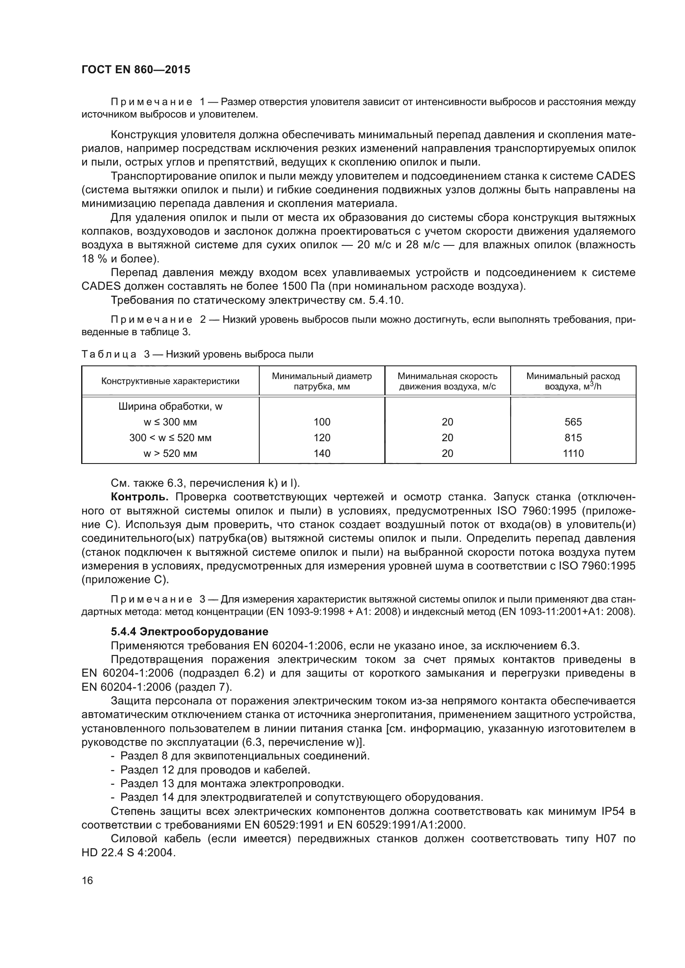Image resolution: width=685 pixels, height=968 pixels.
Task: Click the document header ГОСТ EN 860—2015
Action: pos(136,70)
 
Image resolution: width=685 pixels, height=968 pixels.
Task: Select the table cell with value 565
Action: pos(573,422)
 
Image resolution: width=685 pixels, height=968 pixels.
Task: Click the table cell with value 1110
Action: pos(573,453)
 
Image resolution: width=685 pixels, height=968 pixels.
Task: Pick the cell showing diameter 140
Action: pos(322,453)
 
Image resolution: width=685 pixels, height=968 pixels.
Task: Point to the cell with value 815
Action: pos(573,437)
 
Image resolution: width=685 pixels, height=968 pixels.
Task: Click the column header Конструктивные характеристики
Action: pos(170,381)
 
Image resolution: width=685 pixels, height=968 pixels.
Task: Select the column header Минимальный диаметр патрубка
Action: pos(322,381)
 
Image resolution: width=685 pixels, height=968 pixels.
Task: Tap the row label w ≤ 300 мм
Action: pos(170,422)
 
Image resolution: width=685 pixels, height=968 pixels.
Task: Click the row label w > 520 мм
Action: pos(170,453)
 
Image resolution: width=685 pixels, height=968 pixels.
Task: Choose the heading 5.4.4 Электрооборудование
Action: pos(189,632)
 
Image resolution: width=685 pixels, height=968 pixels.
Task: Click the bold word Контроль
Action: pos(140,497)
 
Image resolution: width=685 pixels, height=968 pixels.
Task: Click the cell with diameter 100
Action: pos(322,422)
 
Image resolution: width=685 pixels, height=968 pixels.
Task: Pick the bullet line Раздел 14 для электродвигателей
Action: pos(301,797)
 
